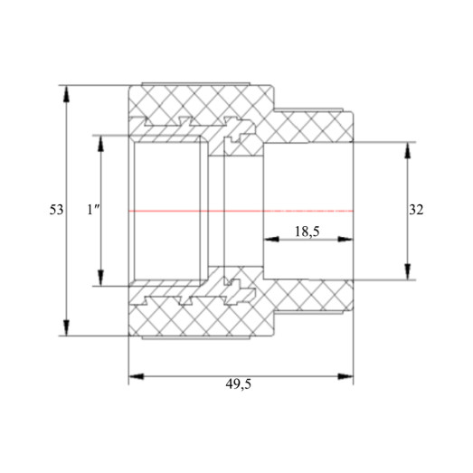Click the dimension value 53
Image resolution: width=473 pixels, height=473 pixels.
click(56, 210)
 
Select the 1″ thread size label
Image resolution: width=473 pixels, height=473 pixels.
click(93, 210)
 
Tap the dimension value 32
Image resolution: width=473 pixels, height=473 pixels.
click(416, 210)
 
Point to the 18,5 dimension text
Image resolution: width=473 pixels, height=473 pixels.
click(307, 232)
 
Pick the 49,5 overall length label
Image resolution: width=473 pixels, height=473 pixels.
click(239, 384)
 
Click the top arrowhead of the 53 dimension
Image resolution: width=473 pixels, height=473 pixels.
click(66, 93)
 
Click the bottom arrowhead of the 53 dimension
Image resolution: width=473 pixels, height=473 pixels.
click(66, 327)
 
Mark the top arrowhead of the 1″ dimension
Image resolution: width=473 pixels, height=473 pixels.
click(100, 143)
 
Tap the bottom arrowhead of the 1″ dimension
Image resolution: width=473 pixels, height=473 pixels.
click(100, 278)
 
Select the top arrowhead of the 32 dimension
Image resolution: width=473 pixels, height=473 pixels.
click(408, 150)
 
